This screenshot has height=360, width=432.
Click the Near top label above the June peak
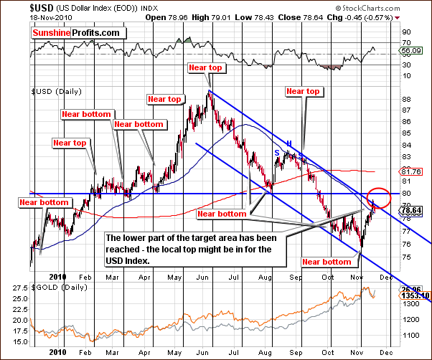tap(205, 67)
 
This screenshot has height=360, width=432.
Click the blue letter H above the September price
tap(289, 143)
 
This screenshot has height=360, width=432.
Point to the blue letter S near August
tap(276, 152)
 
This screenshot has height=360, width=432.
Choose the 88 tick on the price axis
tap(407, 98)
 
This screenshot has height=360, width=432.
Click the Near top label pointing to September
tap(303, 91)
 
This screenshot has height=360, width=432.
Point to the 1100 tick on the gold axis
tap(411, 336)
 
